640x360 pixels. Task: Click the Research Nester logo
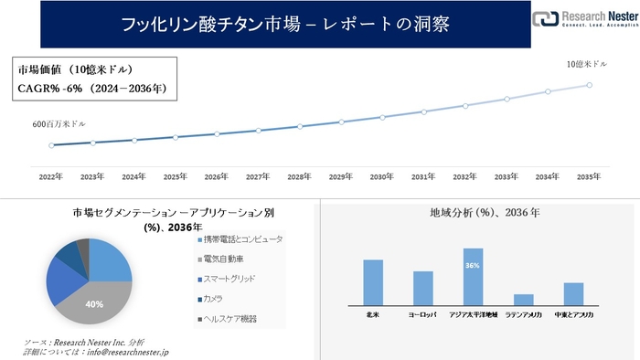[585, 21]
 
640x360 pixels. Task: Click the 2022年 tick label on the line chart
[51, 175]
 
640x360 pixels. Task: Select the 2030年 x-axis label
[381, 175]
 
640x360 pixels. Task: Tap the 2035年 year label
[589, 175]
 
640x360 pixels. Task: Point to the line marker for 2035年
[589, 85]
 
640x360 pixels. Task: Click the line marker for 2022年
[51, 145]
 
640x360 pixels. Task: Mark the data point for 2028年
[299, 126]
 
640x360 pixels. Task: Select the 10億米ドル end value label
[586, 65]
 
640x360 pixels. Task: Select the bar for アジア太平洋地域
[473, 276]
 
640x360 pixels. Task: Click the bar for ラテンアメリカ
[523, 299]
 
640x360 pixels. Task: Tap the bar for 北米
[372, 281]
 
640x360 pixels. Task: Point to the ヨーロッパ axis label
[422, 314]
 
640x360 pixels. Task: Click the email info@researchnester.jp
[124, 352]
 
